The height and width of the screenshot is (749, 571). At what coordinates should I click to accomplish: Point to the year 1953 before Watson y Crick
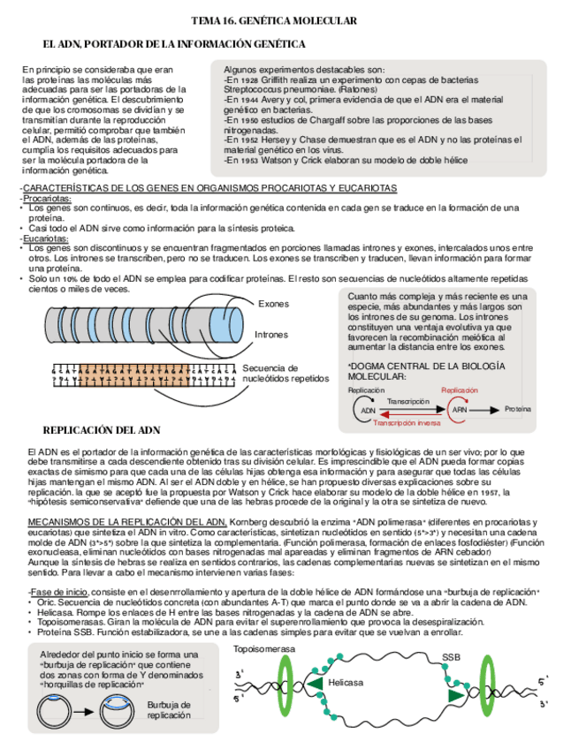(249, 161)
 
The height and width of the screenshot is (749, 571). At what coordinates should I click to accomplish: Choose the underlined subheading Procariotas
(47, 199)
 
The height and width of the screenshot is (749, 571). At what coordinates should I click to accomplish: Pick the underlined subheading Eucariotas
(45, 238)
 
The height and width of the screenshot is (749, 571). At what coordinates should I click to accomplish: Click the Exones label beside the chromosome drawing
(273, 304)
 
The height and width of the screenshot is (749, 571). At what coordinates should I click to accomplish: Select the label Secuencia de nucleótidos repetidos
(282, 373)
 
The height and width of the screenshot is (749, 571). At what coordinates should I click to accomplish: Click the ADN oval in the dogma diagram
(369, 410)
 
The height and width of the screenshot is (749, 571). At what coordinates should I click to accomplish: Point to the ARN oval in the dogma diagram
(460, 410)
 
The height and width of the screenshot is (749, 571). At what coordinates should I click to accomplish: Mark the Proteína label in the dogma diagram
(517, 410)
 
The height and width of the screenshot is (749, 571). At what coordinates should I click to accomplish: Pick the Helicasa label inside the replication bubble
(345, 683)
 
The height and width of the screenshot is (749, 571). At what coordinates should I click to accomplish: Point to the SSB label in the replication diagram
(451, 657)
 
